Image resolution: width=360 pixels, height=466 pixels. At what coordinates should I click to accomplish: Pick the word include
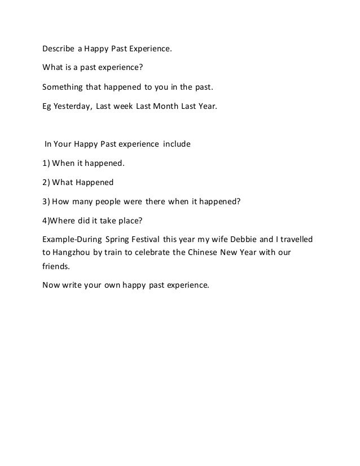click(177, 144)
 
